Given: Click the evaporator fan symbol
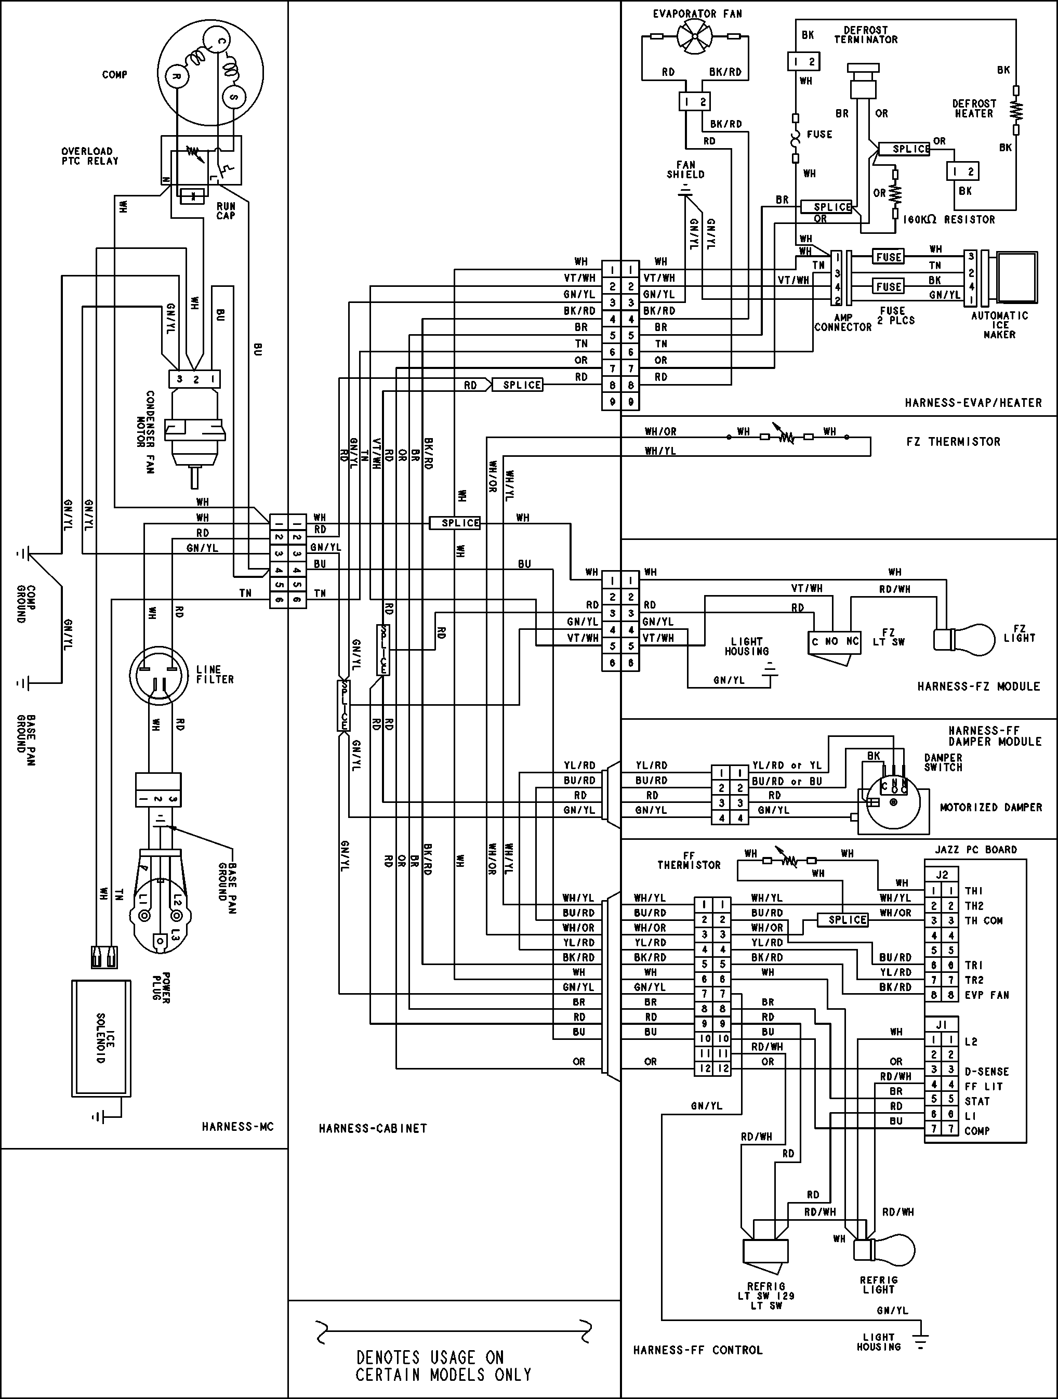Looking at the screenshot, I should pos(694,37).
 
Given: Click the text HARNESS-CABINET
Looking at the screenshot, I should pos(373,1128).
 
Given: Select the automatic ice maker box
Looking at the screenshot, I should pos(1017,277).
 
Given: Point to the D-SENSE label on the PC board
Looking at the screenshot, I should pos(986,1072).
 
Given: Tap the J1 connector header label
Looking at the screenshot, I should pos(941,1025).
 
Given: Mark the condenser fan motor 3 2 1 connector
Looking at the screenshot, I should pos(195,379).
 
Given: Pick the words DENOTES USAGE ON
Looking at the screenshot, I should pos(430,1357).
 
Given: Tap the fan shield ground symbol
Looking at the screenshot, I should pos(684,192).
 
